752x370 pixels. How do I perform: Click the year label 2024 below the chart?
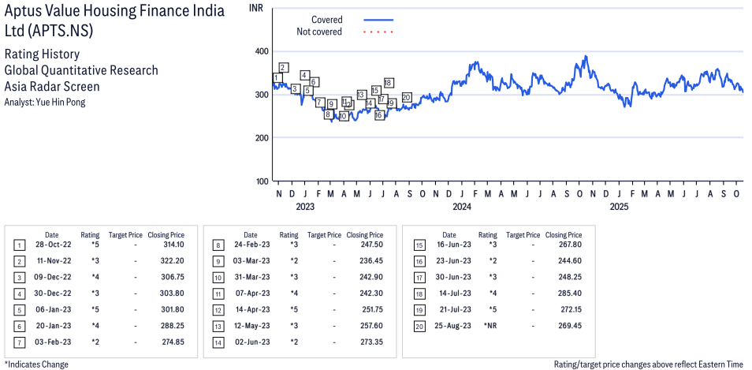[461, 207]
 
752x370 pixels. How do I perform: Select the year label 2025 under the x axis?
[619, 207]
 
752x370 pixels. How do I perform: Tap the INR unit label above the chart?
[255, 7]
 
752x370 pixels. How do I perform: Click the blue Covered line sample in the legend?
[378, 20]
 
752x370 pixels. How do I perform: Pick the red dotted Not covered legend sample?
[378, 32]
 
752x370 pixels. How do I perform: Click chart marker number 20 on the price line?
[406, 98]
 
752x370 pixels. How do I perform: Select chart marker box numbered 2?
[283, 68]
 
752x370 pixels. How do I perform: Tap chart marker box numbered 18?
[389, 83]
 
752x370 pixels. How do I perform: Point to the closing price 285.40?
[567, 293]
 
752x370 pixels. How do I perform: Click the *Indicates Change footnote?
[36, 364]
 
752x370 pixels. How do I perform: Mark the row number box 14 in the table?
[217, 341]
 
